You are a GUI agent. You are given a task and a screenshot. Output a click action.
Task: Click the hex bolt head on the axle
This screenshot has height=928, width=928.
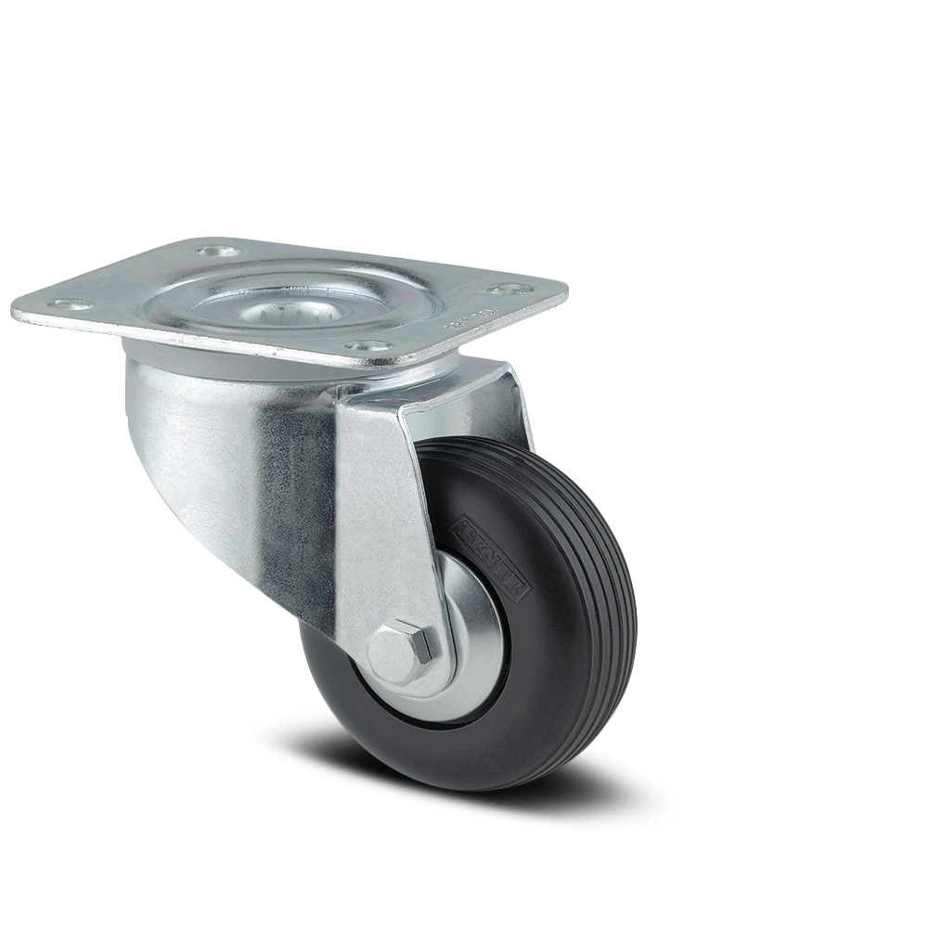click(402, 646)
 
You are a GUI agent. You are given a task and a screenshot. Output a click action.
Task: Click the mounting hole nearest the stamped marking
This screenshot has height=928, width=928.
click(506, 290)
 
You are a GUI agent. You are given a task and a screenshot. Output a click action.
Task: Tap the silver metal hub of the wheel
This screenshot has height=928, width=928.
click(473, 650)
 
